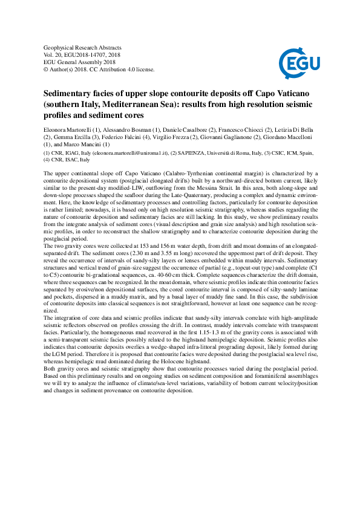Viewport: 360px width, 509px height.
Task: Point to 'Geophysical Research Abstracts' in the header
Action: pos(83,47)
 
